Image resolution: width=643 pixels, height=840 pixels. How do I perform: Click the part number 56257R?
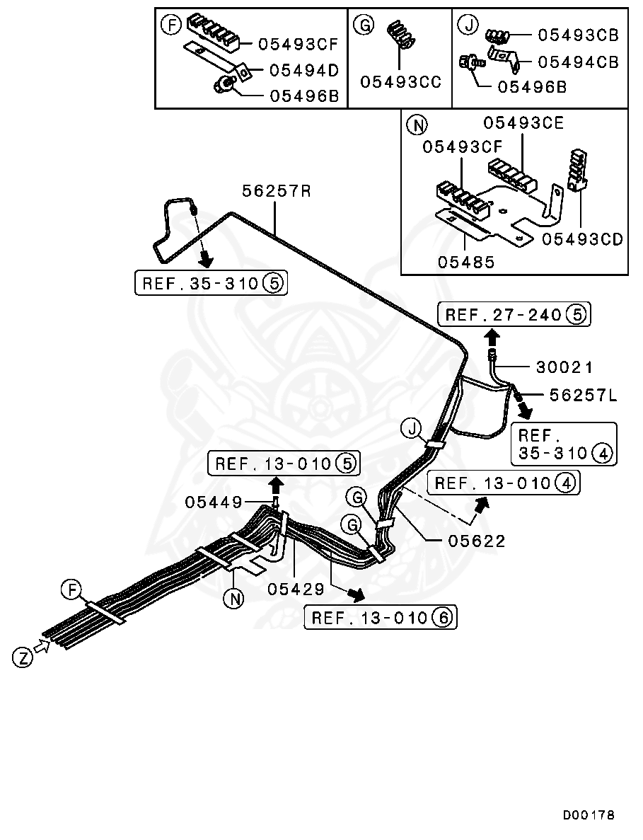(276, 191)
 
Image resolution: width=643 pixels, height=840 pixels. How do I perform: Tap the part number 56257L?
(583, 396)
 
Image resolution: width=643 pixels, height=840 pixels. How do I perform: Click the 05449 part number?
(214, 502)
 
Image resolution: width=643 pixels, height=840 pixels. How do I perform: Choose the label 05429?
(296, 589)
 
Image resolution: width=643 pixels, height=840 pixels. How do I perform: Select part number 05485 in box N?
(465, 262)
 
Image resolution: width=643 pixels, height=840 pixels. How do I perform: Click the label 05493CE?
(523, 123)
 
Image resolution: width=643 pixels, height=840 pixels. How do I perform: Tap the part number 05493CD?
(582, 239)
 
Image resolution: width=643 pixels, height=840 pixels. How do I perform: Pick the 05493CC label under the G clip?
(400, 82)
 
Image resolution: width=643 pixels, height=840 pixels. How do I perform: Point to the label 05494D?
(303, 69)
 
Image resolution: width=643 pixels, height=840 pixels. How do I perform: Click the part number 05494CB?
(578, 62)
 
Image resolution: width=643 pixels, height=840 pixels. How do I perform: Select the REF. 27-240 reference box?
(514, 313)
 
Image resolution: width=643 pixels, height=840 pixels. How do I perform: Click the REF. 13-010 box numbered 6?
(381, 618)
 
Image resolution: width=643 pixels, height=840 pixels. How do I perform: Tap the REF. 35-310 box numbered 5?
(211, 284)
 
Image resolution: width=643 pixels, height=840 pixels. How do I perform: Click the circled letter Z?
(23, 657)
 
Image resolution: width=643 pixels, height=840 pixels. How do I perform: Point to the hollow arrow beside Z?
(42, 646)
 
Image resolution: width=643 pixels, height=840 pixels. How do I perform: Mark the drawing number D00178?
(589, 815)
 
